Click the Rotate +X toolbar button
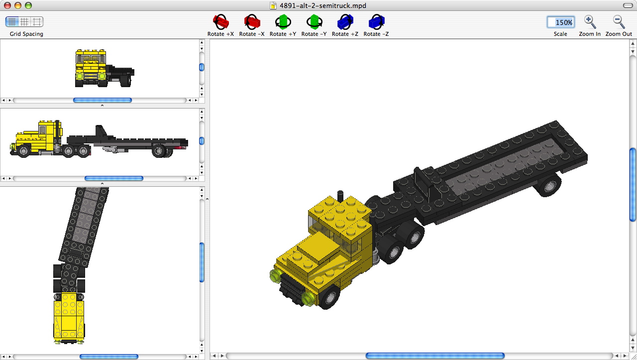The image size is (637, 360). click(220, 22)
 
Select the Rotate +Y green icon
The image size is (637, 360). click(283, 22)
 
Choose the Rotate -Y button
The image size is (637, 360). click(314, 22)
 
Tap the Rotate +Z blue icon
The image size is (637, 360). click(345, 22)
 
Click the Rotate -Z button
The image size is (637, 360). click(376, 22)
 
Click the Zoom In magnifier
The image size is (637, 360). click(590, 22)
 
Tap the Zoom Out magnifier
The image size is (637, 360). click(619, 22)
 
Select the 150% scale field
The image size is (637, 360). click(560, 22)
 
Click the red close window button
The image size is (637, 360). click(7, 5)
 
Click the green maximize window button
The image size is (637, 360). click(28, 5)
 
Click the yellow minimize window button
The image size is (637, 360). click(18, 5)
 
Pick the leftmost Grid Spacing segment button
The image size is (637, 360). click(12, 21)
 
